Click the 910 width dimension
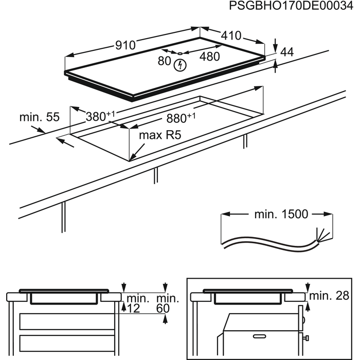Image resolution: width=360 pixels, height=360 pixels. tap(125, 45)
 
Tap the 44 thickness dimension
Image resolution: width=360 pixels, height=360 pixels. tap(287, 52)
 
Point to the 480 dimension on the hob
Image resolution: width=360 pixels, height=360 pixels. tap(209, 57)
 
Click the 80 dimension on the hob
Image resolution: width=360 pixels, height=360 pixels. tap(164, 61)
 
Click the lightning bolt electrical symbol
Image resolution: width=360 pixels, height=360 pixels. tap(180, 65)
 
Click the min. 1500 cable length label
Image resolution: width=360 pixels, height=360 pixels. tap(273, 214)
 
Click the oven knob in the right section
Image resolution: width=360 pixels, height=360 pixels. tap(306, 337)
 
